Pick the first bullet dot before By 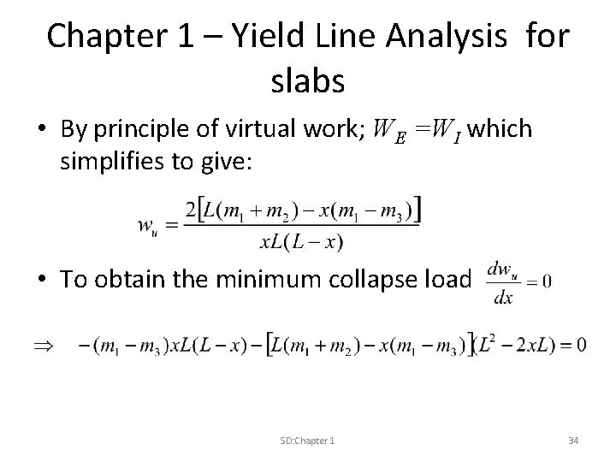pos(40,131)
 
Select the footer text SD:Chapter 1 pos(307,440)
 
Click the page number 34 pos(574,440)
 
